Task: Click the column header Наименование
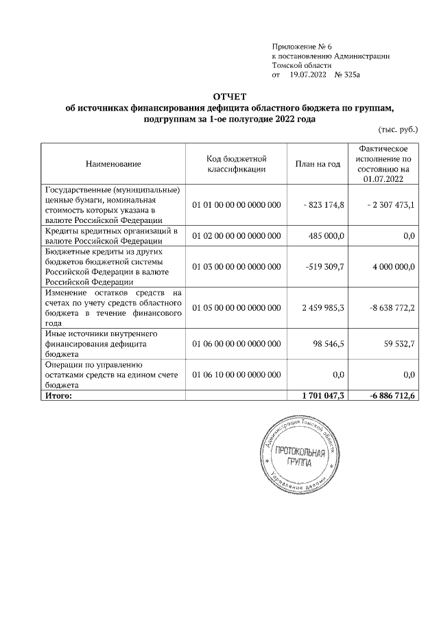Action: tap(113, 164)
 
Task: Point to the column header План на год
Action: tap(318, 164)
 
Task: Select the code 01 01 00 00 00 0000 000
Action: tap(237, 205)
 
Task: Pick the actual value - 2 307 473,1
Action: tap(390, 205)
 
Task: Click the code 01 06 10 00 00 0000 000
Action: tap(237, 374)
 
